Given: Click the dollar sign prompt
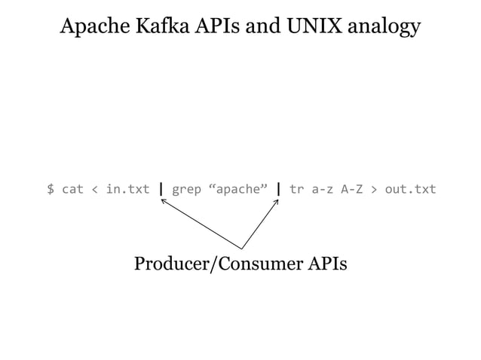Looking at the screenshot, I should point(51,188).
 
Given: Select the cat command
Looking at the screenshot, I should point(72,188).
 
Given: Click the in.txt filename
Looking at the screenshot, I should point(127,188).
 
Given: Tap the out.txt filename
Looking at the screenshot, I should point(410,188).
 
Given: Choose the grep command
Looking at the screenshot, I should point(186,188).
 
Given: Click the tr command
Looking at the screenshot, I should point(296,188).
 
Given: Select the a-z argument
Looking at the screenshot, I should point(322,188).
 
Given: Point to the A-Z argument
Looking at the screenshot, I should point(352,188).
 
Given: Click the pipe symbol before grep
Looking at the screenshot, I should point(161,188).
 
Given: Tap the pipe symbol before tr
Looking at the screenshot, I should point(279,188).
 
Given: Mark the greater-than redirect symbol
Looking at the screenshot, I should point(374,188).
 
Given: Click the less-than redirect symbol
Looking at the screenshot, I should point(94,188).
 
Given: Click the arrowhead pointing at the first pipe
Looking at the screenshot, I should point(164,200).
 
